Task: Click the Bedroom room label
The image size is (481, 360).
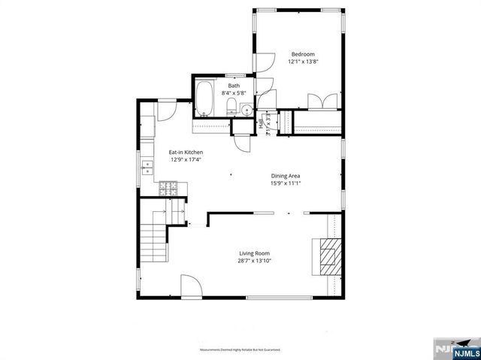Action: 303,54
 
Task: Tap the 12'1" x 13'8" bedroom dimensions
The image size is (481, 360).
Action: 303,62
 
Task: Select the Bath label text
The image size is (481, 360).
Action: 234,86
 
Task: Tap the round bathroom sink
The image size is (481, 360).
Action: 247,110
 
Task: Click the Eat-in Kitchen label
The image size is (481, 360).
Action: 186,152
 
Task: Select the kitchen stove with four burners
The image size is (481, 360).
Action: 169,189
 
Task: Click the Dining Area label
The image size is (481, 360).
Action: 286,176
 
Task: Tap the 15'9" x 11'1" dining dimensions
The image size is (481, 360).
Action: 286,184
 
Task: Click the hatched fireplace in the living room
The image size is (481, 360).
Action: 328,257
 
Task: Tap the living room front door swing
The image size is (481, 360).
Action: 191,286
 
